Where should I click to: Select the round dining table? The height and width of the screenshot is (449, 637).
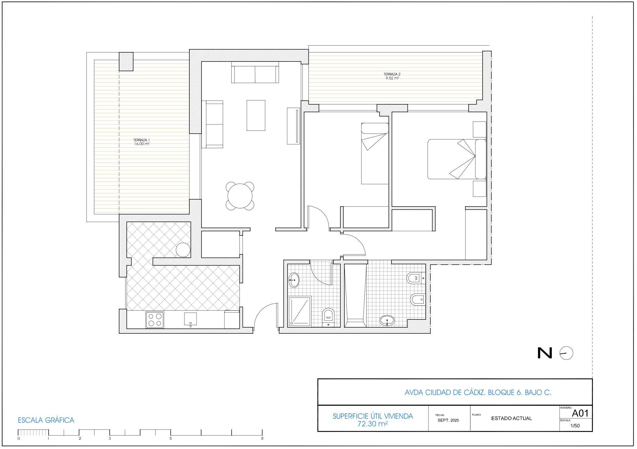point(240,196)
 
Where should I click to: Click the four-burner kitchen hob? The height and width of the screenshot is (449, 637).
point(155,320)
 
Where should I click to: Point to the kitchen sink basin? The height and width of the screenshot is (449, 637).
point(191,318)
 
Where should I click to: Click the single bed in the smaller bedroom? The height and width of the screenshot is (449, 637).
point(375,153)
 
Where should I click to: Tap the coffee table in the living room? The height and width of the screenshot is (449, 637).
point(256,115)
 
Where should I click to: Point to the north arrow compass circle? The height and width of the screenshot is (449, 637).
point(566,353)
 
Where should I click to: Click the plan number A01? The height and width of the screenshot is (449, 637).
point(580,413)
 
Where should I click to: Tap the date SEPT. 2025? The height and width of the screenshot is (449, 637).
point(448,420)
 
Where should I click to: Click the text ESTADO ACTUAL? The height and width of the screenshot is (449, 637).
point(511,418)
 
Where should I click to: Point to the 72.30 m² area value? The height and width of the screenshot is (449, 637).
point(373,423)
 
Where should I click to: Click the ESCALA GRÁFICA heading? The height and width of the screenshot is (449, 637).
point(46,420)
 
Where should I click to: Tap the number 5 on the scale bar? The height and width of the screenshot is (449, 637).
point(171,438)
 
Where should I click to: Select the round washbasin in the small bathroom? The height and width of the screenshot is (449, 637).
point(294,280)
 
